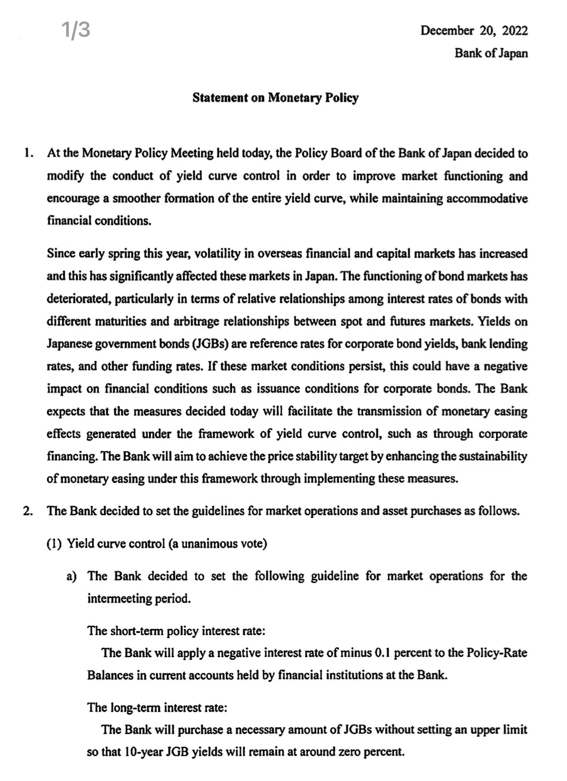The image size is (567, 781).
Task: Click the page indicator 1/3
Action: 76,30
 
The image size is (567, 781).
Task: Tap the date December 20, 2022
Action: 474,30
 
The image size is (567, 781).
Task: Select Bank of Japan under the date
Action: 491,53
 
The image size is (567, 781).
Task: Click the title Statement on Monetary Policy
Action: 275,98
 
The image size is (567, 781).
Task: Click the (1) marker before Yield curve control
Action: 54,544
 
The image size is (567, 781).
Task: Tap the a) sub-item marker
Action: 71,576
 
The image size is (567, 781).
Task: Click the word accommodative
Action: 487,198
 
